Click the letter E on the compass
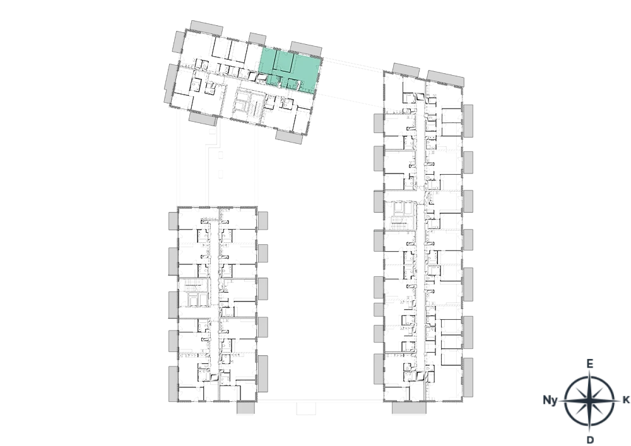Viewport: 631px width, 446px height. coord(589,364)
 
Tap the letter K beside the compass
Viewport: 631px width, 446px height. coord(626,400)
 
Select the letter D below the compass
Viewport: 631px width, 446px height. coord(590,440)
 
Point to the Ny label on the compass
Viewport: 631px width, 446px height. coord(550,400)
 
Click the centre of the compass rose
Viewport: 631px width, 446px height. coord(589,401)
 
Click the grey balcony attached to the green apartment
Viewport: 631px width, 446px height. coord(306,49)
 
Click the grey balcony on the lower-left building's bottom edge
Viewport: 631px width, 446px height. coord(245,408)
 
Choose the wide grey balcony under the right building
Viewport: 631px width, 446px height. coord(409,408)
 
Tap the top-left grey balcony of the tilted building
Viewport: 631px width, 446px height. coord(206,28)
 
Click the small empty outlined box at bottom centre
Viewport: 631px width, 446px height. coord(306,408)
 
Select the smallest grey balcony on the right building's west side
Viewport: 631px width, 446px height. coord(379,310)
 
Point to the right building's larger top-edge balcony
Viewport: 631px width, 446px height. coord(445,78)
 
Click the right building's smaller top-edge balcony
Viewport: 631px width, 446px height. coord(406,70)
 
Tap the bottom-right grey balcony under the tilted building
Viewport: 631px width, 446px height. coord(289,136)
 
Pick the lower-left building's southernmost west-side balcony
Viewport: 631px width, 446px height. coord(174,384)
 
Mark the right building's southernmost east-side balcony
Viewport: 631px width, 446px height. coord(468,377)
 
